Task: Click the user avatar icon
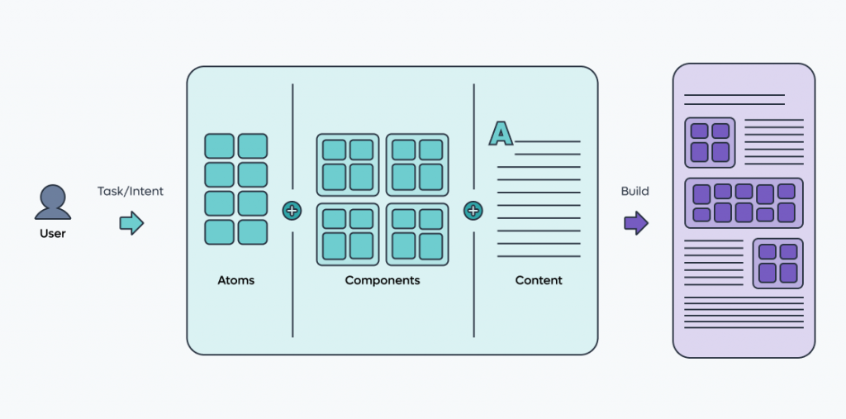pos(52,202)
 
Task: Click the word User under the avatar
pos(52,234)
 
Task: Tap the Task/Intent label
pos(131,191)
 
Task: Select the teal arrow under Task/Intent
pos(131,223)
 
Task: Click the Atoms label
pos(236,280)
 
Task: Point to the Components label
pos(383,280)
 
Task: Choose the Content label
pos(539,280)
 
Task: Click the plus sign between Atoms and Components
pos(292,211)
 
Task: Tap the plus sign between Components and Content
pos(473,211)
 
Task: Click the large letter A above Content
pos(501,133)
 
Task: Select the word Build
pos(635,191)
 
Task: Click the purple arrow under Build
pos(635,223)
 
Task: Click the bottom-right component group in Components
pos(417,234)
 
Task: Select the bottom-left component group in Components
pos(348,234)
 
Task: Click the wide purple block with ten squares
pos(744,203)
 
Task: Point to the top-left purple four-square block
pos(710,141)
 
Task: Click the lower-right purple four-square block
pos(777,263)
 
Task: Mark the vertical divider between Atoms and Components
pos(292,124)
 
